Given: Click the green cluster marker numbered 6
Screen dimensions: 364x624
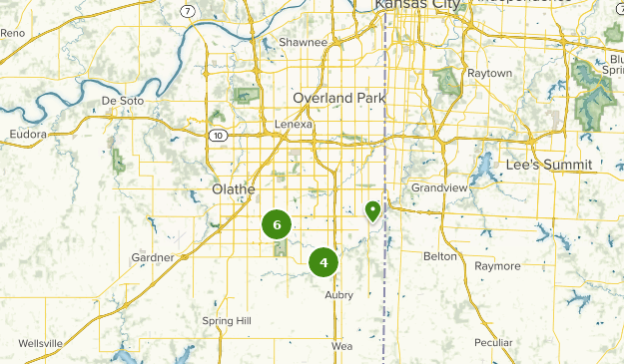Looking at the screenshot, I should coord(277,224).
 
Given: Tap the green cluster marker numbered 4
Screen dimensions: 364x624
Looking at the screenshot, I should coord(323,262).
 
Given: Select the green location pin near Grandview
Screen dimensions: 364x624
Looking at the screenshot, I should coord(372,210).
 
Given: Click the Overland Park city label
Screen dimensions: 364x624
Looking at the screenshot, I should coord(338,98).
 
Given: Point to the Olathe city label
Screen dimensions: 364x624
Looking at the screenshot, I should coord(234,188).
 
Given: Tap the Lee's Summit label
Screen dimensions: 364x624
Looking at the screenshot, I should coord(548,164).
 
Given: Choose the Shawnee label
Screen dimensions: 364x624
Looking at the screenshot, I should coord(303,43).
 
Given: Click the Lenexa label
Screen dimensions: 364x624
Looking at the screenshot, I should coord(294,125).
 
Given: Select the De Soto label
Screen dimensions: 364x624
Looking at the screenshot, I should coord(124,102).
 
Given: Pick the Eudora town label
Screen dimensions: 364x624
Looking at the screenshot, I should coord(28,134).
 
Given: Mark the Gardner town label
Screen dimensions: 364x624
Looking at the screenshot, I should coord(153,257).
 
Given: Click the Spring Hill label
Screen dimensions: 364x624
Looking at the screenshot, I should coord(227,321).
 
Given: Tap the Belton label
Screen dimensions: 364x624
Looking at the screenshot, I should coord(440,256).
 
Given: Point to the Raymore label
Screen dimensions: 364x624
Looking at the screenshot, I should coord(497,266).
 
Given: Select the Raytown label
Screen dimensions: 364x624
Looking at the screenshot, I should coord(489,73).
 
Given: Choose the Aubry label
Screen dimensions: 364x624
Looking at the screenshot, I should coord(339,295).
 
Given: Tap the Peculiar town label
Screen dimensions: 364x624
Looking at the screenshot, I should coord(493,343).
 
